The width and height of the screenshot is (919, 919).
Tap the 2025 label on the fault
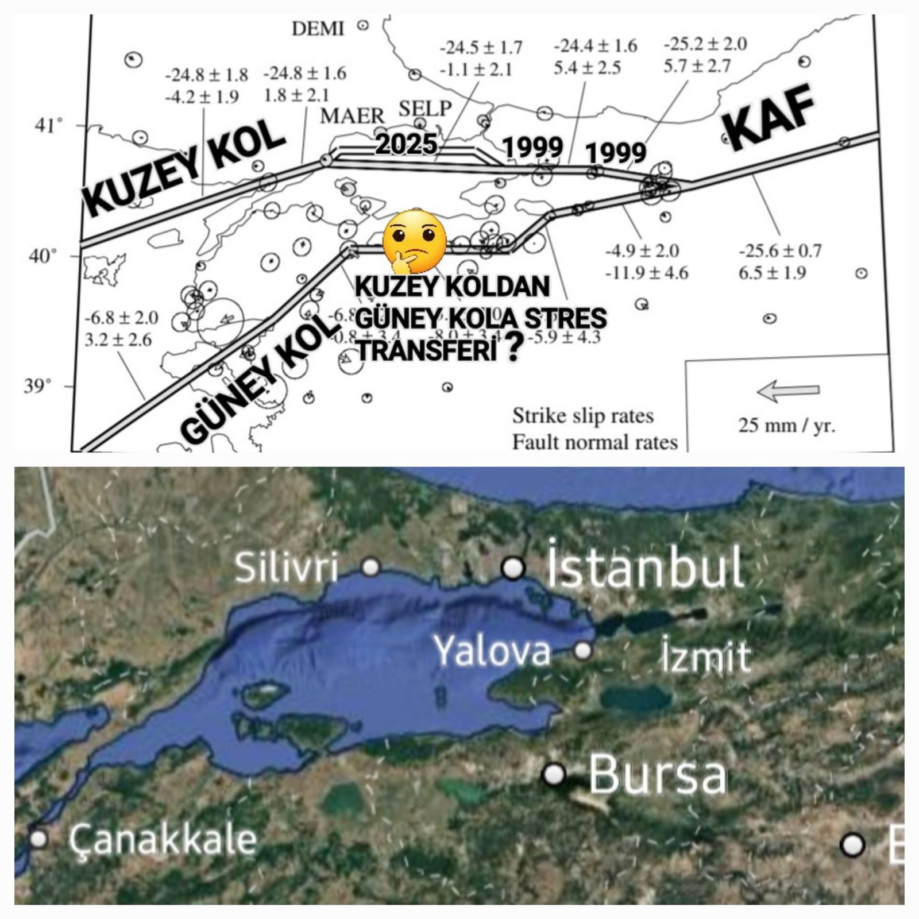tap(406, 144)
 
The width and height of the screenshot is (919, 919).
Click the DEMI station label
tap(318, 28)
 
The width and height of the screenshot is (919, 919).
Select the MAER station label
tap(352, 116)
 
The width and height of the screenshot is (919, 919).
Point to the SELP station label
tap(425, 108)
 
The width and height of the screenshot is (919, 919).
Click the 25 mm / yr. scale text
tap(786, 426)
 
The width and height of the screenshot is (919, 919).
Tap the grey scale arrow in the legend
tap(788, 391)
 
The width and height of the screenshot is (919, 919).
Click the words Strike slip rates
tap(582, 415)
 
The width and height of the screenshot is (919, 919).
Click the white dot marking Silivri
tap(371, 567)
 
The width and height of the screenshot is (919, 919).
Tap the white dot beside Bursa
tap(554, 774)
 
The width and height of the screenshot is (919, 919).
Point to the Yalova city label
tap(492, 651)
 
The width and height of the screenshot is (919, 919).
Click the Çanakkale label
tap(163, 839)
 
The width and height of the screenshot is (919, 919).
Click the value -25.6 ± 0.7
tap(780, 251)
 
